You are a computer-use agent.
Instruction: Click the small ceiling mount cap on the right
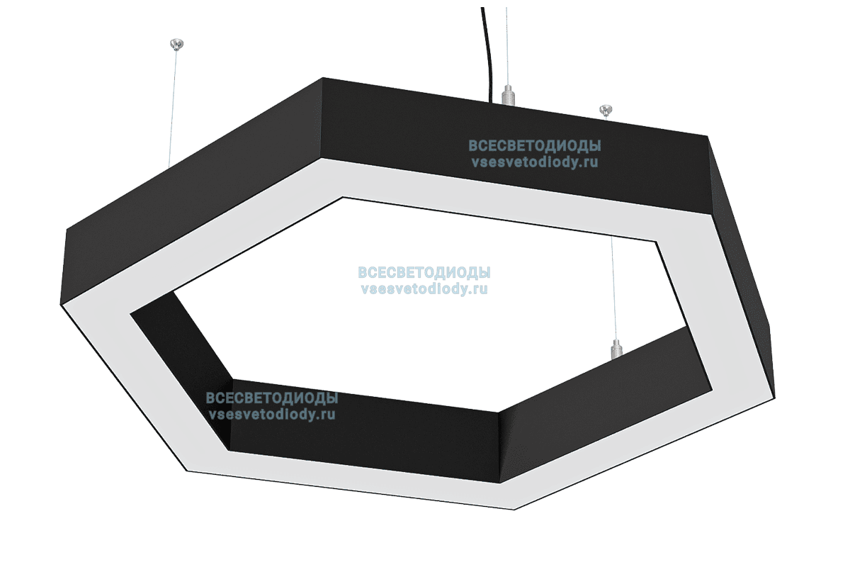pos(606,110)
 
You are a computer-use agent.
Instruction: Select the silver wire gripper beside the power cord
pos(506,94)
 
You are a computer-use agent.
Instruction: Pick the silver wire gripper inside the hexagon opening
pos(616,348)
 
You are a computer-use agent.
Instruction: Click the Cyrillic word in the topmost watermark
pos(534,146)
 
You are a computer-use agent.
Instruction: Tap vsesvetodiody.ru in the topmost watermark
pos(534,162)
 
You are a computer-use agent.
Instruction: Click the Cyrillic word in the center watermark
pos(424,273)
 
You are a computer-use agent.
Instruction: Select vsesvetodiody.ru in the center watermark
pos(424,288)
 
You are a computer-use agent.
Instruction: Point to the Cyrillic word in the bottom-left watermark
pos(271,398)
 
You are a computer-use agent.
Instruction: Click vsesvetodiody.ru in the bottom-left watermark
pos(271,415)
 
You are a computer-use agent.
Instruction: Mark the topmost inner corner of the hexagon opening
pos(344,197)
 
